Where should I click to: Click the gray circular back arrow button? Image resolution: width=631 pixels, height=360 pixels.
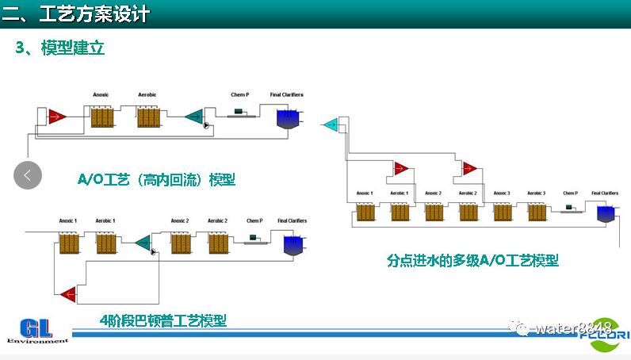[x=28, y=175]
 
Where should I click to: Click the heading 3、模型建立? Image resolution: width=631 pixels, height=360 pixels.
[x=60, y=48]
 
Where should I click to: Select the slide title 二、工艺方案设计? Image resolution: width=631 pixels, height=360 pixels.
[x=76, y=13]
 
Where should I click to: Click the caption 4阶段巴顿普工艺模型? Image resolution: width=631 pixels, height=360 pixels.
[x=163, y=320]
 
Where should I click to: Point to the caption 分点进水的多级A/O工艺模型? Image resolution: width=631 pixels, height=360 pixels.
[x=472, y=260]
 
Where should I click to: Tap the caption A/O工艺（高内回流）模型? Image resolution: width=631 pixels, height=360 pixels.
[x=156, y=180]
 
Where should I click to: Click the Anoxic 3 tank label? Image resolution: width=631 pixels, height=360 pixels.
[x=501, y=193]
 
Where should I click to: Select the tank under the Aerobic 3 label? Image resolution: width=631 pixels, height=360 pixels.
[x=537, y=213]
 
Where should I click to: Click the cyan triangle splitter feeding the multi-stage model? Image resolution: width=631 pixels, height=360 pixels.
[x=330, y=124]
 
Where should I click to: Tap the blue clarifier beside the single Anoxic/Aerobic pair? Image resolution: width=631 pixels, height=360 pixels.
[x=286, y=119]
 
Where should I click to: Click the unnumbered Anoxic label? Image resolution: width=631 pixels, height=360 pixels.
[x=101, y=95]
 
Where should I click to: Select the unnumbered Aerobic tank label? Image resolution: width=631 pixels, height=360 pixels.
[x=147, y=95]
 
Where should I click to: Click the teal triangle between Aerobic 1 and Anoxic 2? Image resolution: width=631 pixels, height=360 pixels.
[x=143, y=243]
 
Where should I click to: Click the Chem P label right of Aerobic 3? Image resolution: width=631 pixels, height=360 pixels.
[x=570, y=193]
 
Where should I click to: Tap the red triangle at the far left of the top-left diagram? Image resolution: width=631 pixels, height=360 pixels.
[x=55, y=117]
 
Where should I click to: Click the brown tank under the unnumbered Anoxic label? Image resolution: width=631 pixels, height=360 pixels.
[x=101, y=118]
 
